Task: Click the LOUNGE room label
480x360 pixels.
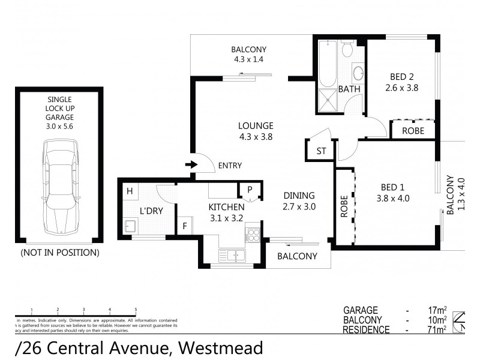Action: (256, 126)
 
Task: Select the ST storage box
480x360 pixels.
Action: (321, 151)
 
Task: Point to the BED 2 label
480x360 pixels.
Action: (401, 76)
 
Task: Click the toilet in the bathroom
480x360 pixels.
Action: (347, 49)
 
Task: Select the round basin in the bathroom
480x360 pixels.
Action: (358, 74)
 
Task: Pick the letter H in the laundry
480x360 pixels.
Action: (129, 192)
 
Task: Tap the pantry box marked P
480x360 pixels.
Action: (249, 190)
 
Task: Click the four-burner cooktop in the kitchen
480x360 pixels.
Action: (253, 234)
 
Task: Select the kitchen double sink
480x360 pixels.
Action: (232, 256)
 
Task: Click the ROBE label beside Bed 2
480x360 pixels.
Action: (413, 130)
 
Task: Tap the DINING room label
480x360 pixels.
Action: (299, 195)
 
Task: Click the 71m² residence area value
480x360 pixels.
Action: (437, 329)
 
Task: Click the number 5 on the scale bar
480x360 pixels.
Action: (136, 309)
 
